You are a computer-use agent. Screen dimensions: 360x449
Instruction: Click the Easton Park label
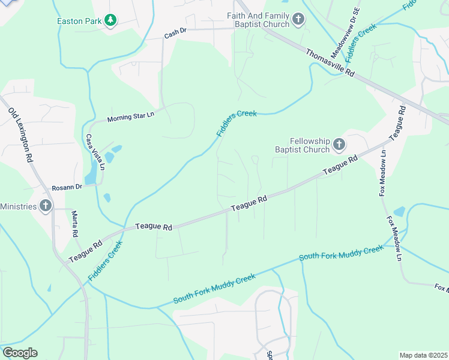78,21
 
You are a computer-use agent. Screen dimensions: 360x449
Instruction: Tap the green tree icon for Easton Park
110,21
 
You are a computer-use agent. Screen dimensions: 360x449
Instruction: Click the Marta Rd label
76,223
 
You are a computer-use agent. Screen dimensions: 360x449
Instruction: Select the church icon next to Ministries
45,206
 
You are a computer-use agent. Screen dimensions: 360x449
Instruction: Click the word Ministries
17,206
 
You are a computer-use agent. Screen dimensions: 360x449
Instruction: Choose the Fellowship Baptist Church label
302,145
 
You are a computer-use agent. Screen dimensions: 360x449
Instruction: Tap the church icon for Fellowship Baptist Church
339,144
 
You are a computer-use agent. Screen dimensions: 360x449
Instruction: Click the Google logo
20,353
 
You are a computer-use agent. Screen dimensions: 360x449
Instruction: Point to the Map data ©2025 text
423,355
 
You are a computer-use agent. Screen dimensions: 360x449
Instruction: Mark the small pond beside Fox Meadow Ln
399,211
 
